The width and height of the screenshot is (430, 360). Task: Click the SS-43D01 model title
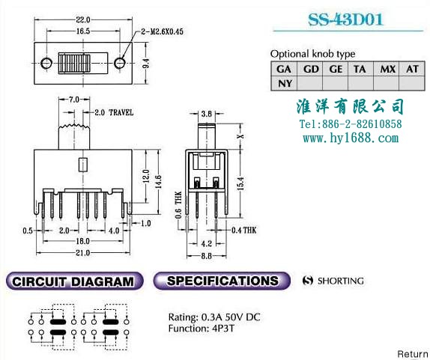[x=345, y=19]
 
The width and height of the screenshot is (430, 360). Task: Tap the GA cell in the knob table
[x=284, y=69]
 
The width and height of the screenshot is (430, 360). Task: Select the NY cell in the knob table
[x=285, y=83]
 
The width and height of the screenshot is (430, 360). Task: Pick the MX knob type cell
[x=387, y=69]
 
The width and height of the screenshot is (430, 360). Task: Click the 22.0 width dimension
[x=83, y=19]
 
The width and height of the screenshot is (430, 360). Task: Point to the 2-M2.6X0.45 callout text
[x=162, y=31]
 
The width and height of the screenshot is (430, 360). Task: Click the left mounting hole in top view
[x=46, y=63]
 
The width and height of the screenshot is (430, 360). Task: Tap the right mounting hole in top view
[x=120, y=63]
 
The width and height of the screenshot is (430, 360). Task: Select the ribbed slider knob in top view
[x=74, y=64]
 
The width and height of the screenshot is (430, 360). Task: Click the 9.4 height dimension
[x=146, y=64]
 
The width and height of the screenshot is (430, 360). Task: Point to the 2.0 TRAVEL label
[x=114, y=112]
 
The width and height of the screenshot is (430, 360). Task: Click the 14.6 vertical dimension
[x=158, y=181]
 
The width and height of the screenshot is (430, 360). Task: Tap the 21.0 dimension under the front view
[x=83, y=252]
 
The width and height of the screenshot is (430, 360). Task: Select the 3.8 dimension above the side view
[x=207, y=114]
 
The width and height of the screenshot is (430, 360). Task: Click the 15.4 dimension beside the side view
[x=240, y=183]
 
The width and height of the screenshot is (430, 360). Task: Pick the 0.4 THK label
[x=244, y=230]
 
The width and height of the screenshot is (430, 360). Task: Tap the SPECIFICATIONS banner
[x=222, y=281]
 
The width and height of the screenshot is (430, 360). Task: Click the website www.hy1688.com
[x=351, y=138]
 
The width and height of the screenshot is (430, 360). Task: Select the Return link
[x=413, y=354]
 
